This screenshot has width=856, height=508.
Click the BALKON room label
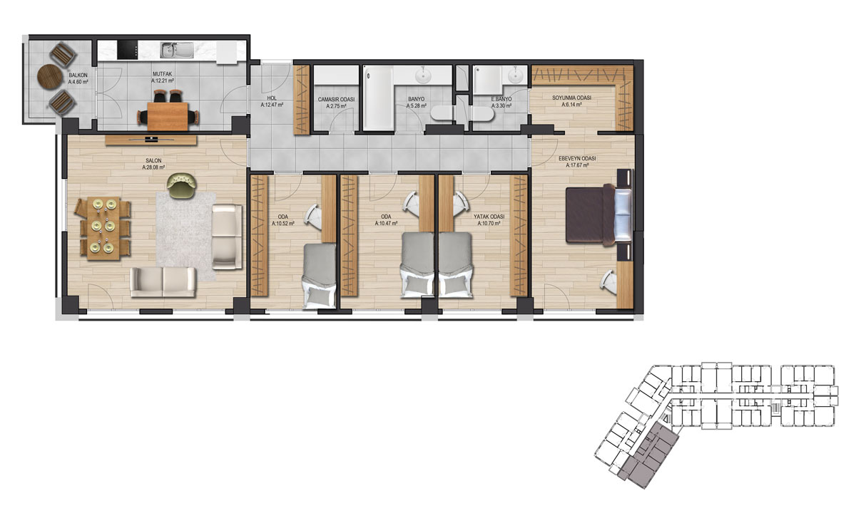click(x=78, y=76)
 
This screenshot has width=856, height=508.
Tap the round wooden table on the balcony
click(x=50, y=76)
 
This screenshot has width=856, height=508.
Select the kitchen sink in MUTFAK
click(x=173, y=51)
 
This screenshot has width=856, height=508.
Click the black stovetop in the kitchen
click(x=127, y=50)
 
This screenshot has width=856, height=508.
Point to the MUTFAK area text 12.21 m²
click(x=163, y=81)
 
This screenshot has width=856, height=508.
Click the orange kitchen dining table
click(x=168, y=116)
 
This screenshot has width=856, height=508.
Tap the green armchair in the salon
click(x=182, y=185)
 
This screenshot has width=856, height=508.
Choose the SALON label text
click(x=153, y=161)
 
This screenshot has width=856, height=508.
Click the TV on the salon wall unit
click(x=151, y=139)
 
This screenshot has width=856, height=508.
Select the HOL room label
click(x=272, y=98)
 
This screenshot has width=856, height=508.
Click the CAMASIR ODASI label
click(x=336, y=99)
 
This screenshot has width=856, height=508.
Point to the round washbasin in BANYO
click(x=424, y=76)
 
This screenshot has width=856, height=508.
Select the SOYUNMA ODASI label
click(x=571, y=98)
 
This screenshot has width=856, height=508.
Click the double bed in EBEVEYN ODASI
click(x=598, y=214)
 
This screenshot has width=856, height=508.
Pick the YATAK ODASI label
click(x=489, y=217)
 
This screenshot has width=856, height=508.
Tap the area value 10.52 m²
click(x=283, y=223)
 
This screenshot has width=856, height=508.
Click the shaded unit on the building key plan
click(x=648, y=456)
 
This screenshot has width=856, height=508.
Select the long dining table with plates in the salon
click(x=103, y=229)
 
